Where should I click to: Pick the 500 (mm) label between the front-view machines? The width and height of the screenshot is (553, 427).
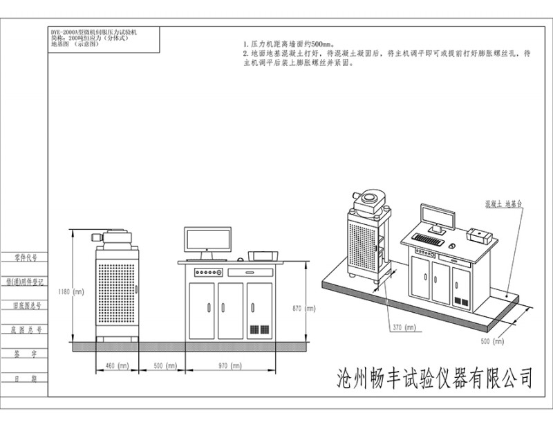click(x=162, y=365)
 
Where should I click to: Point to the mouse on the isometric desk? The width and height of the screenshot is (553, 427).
click(x=451, y=246)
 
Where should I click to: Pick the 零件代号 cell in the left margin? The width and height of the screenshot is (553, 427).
click(x=26, y=257)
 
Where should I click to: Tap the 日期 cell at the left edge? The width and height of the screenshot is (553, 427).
click(x=26, y=378)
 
